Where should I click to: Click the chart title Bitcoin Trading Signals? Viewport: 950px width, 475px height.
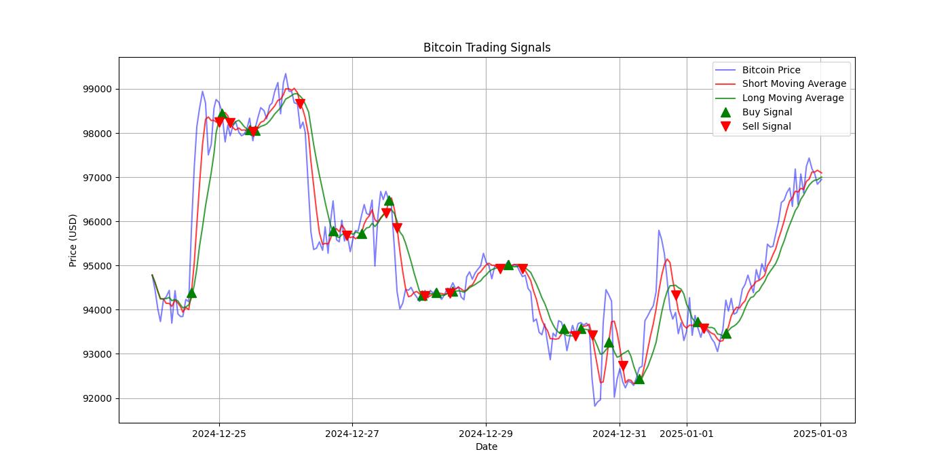pyautogui.click(x=487, y=47)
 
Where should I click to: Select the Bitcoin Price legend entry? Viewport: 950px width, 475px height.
pyautogui.click(x=771, y=70)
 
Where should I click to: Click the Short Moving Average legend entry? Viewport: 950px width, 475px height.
pyautogui.click(x=794, y=84)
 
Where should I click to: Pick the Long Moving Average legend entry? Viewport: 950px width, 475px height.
pyautogui.click(x=793, y=98)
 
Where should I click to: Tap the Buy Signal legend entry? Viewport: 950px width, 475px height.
pyautogui.click(x=767, y=112)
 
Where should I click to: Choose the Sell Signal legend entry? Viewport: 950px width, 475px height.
pyautogui.click(x=766, y=126)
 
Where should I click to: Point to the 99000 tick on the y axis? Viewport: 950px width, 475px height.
pyautogui.click(x=97, y=90)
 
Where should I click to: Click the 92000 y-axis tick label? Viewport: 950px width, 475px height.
pyautogui.click(x=97, y=398)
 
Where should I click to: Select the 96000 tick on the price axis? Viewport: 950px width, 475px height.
pyautogui.click(x=97, y=222)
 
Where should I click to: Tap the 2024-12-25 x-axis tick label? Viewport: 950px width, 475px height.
pyautogui.click(x=218, y=434)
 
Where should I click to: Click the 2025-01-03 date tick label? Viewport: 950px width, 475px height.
pyautogui.click(x=820, y=434)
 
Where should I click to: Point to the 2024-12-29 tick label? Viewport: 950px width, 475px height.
pyautogui.click(x=486, y=434)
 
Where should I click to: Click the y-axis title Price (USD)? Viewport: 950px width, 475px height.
pyautogui.click(x=73, y=240)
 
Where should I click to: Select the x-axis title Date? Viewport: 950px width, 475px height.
pyautogui.click(x=486, y=446)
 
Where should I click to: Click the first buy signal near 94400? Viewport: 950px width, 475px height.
pyautogui.click(x=191, y=292)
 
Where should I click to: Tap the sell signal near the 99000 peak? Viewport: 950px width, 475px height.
pyautogui.click(x=300, y=104)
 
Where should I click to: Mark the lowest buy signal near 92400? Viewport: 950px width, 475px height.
pyautogui.click(x=639, y=379)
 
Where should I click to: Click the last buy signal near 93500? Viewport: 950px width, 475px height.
pyautogui.click(x=726, y=333)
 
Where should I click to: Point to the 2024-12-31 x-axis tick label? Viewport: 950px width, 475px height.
pyautogui.click(x=620, y=434)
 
